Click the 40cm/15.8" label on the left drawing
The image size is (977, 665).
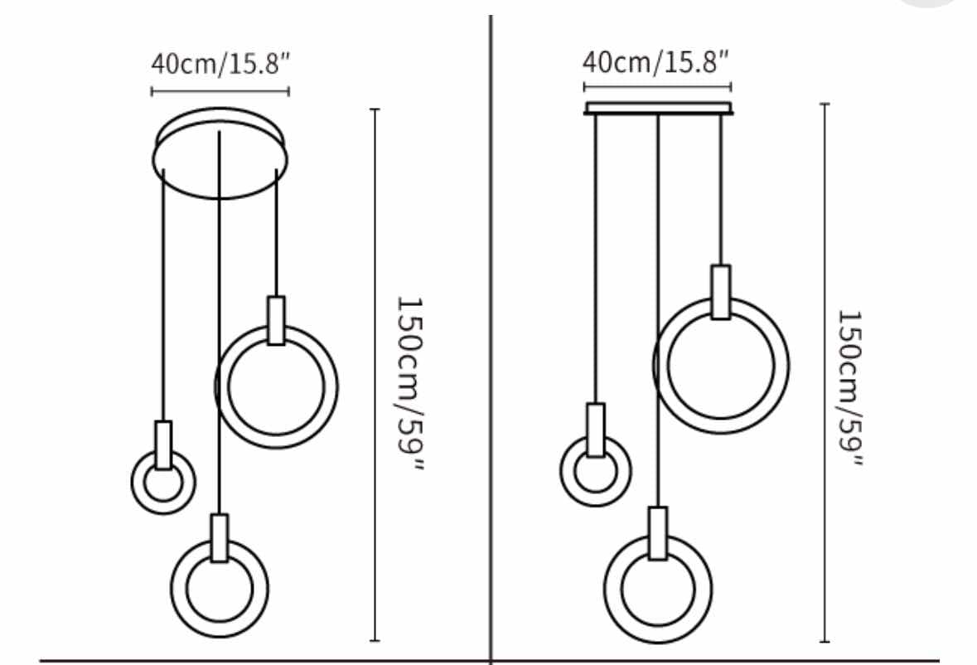tap(220, 63)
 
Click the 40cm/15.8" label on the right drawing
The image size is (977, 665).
tap(655, 61)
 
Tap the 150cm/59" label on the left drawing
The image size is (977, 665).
tap(410, 383)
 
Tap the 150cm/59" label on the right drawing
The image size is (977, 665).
tap(850, 388)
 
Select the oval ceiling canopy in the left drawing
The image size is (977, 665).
tap(220, 197)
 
